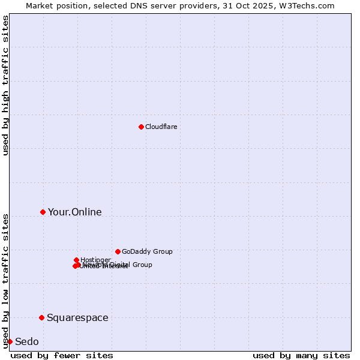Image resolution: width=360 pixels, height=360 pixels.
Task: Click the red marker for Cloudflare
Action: tap(141, 127)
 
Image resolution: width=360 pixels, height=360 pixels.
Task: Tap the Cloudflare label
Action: tap(161, 127)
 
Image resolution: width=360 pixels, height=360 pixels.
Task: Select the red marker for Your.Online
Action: tap(43, 212)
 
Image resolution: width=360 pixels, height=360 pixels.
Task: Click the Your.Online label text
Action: tap(74, 212)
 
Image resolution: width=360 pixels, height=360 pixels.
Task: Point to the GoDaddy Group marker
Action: tap(118, 251)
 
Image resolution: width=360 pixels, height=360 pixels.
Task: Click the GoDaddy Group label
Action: tap(147, 251)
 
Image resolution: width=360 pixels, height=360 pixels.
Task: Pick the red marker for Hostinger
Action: tap(76, 260)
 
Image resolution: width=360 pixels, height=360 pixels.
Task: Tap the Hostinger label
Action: tap(95, 260)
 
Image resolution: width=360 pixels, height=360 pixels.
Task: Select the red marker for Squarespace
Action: tap(41, 317)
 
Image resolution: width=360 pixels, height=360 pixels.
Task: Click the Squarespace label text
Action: tap(77, 317)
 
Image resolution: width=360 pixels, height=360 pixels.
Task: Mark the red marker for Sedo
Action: tap(10, 341)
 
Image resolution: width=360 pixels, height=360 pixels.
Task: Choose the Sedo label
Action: tap(26, 341)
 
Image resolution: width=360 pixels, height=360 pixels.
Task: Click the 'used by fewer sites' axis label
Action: tap(62, 355)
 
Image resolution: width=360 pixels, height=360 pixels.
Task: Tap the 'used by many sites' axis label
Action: tap(301, 355)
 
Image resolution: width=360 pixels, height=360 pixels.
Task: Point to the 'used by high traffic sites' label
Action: tap(5, 85)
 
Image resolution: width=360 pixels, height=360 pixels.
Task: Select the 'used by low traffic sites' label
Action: tap(5, 280)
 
